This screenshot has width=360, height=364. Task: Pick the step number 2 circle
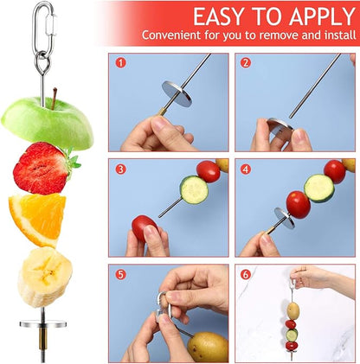(246, 63)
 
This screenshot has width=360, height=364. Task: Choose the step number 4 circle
(246, 169)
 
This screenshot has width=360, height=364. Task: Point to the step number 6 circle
(246, 275)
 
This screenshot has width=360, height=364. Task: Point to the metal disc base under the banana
(44, 326)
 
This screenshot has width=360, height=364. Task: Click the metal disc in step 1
(177, 93)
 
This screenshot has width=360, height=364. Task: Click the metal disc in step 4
(282, 218)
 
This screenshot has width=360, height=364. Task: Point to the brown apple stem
(54, 95)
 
